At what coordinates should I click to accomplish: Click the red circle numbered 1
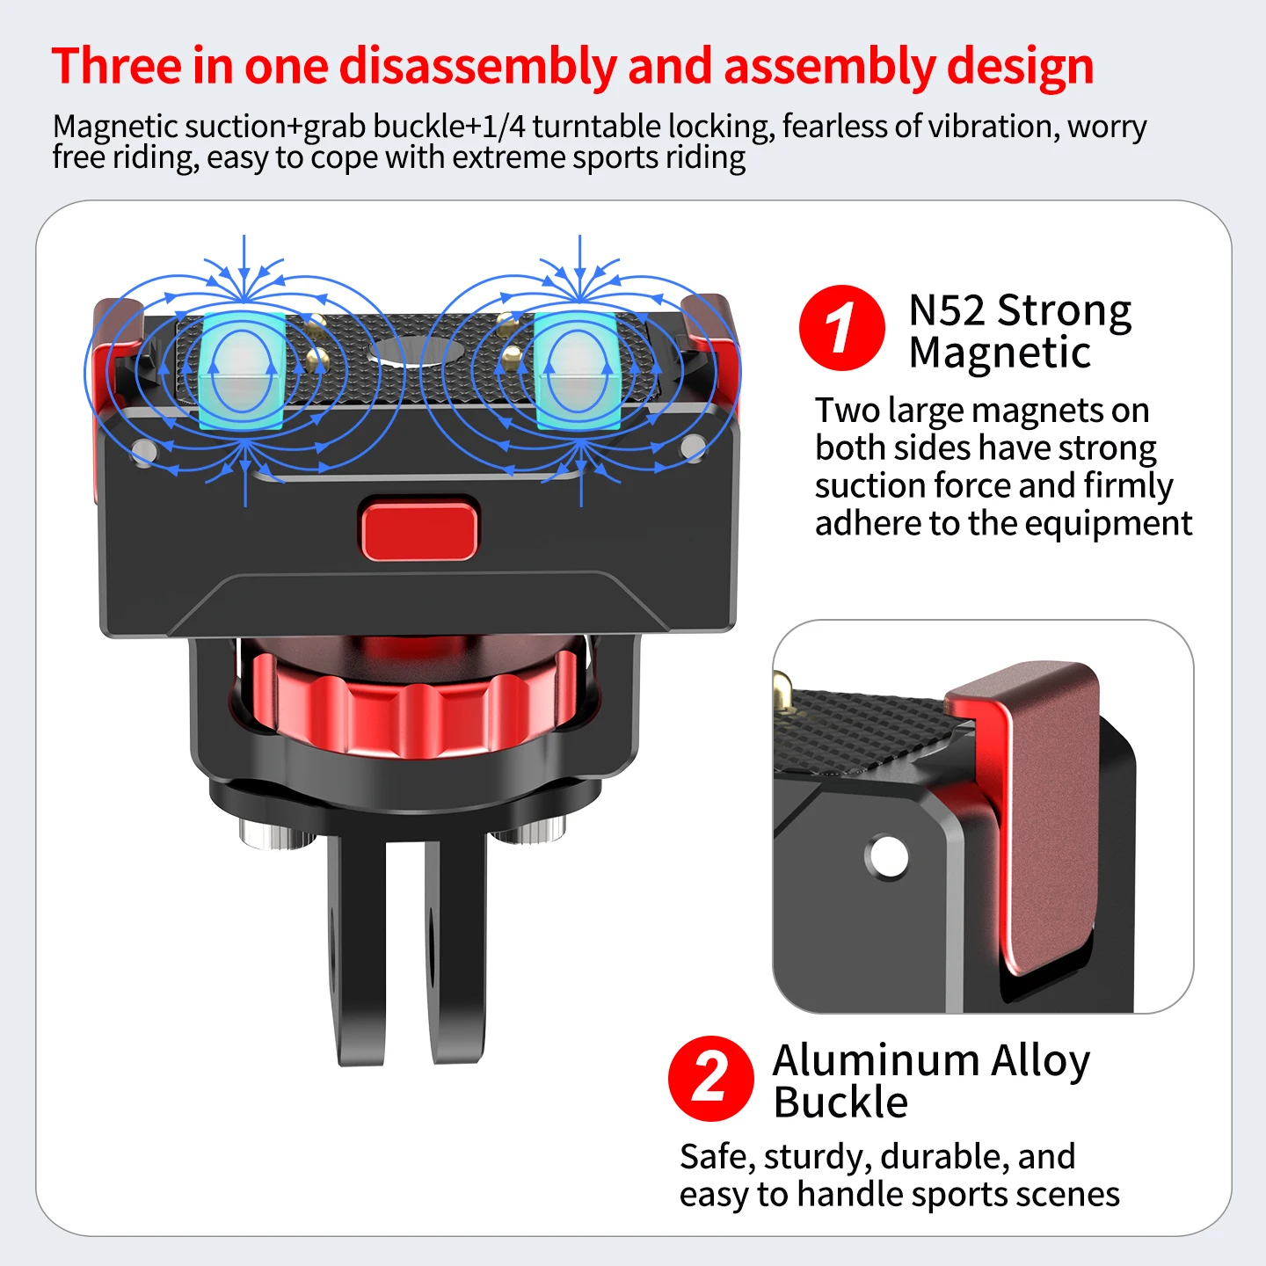[x=841, y=327]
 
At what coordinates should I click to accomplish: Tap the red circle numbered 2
[x=711, y=1078]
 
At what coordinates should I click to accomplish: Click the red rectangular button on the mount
[x=419, y=529]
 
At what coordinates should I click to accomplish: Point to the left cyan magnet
[x=242, y=371]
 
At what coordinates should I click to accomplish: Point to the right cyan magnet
[x=576, y=371]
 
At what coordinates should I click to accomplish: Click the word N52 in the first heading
[x=947, y=310]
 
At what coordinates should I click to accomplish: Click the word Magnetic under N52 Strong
[x=1000, y=353]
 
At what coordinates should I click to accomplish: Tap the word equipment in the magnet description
[x=1109, y=524]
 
